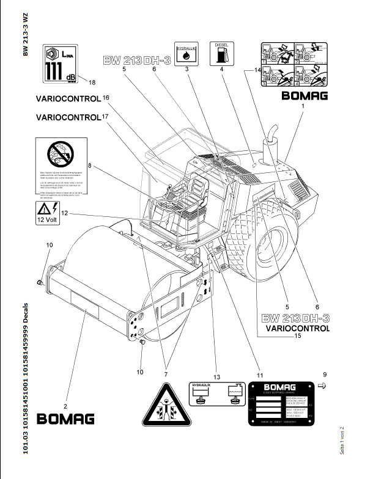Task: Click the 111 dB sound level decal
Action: pyautogui.click(x=61, y=64)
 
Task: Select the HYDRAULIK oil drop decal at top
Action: pyautogui.click(x=185, y=54)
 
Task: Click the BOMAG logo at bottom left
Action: pyautogui.click(x=67, y=419)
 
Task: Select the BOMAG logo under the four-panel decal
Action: pyautogui.click(x=304, y=96)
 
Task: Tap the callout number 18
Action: pyautogui.click(x=92, y=82)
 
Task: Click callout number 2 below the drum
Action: pyautogui.click(x=67, y=405)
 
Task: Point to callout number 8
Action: pyautogui.click(x=89, y=165)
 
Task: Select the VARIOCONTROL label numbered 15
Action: pyautogui.click(x=296, y=328)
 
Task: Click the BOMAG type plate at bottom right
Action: pyautogui.click(x=281, y=403)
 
